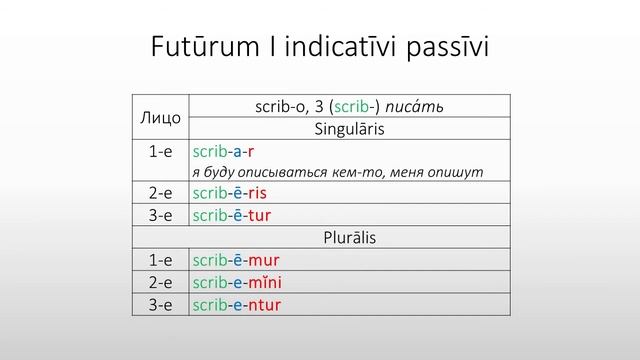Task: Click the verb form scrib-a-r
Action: (x=217, y=152)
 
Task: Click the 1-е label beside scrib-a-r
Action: (x=160, y=152)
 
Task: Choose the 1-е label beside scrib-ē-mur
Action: (x=160, y=261)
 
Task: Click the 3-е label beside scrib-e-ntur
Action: (x=160, y=305)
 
